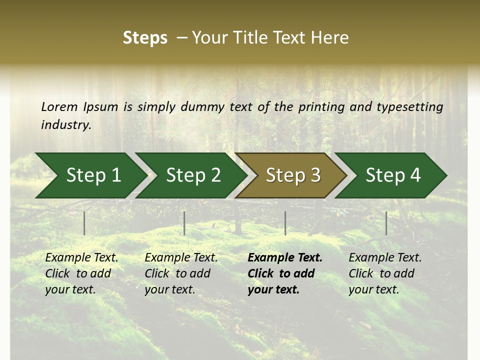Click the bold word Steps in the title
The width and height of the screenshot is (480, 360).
click(145, 38)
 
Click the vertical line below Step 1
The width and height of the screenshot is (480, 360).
click(84, 223)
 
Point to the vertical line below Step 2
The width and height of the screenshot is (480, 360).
click(184, 223)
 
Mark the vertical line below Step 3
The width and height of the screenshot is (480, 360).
click(285, 223)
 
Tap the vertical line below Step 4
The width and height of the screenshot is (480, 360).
click(386, 223)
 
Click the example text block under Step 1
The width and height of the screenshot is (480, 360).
click(81, 273)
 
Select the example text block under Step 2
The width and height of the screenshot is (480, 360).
click(181, 273)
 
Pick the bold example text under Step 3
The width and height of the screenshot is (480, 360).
click(285, 273)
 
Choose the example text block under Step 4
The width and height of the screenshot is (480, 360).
click(385, 273)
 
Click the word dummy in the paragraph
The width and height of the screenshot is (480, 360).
click(202, 106)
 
